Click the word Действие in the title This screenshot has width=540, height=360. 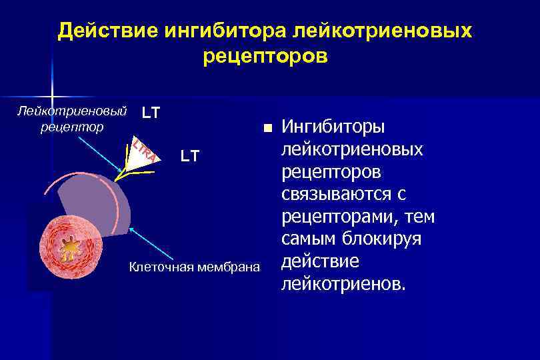pos(99,31)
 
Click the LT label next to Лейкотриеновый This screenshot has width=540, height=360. pos(151,113)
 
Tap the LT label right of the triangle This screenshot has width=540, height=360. pos(190,157)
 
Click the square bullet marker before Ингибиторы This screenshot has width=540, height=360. pos(267,127)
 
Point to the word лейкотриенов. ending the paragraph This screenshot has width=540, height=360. pos(343,285)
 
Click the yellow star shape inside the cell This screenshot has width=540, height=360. pos(69,249)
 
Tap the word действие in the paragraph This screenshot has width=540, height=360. pos(320,261)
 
